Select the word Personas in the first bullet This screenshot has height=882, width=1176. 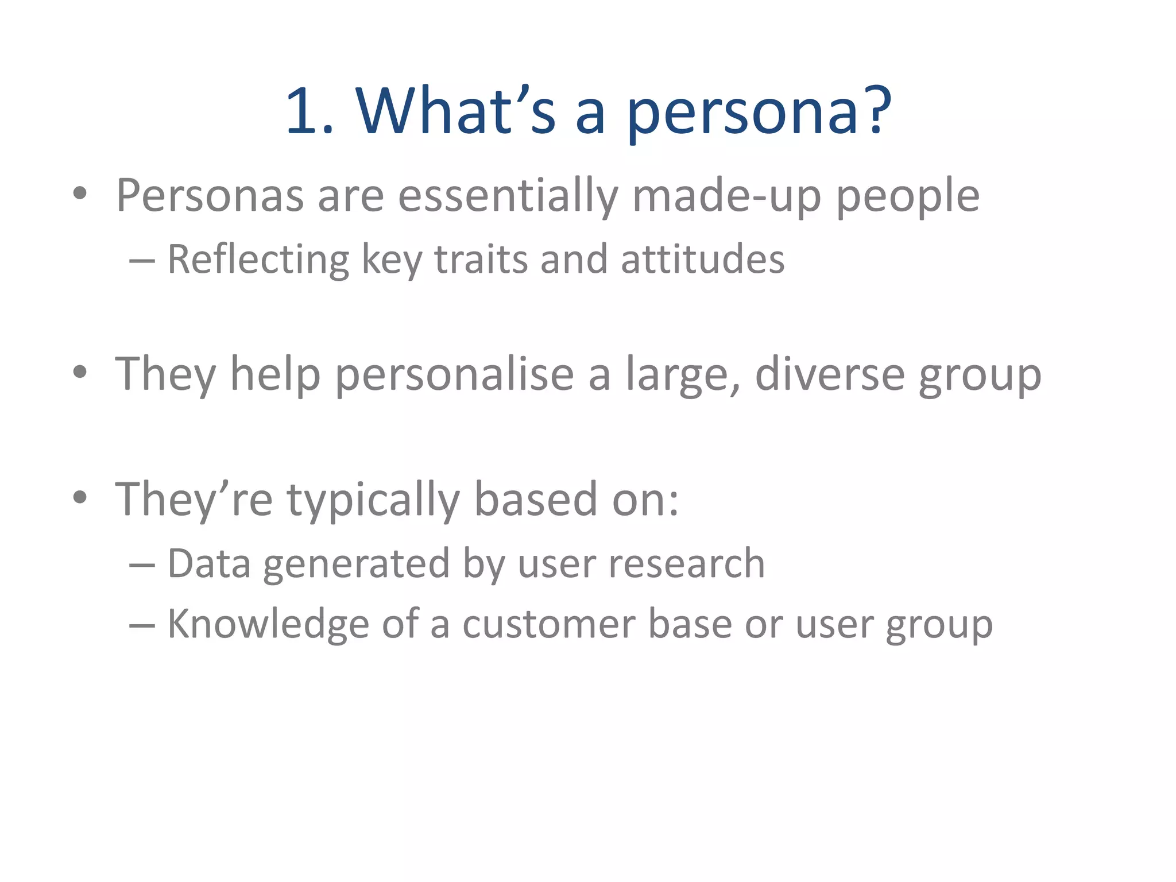210,196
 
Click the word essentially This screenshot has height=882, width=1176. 508,196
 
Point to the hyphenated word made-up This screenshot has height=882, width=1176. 726,196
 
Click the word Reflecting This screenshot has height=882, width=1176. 258,260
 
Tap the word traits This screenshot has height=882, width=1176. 480,260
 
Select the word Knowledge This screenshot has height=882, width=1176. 268,625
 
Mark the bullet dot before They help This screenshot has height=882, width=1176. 80,372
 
